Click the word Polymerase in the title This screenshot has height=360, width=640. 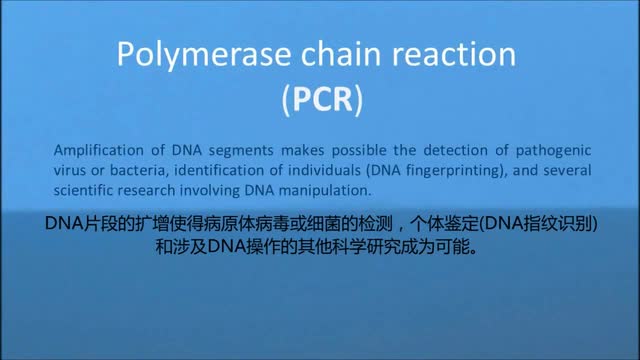pyautogui.click(x=204, y=56)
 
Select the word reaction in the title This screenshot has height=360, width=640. pyautogui.click(x=454, y=54)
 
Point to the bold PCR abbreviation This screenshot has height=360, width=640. pyautogui.click(x=322, y=99)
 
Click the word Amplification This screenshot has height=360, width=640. pyautogui.click(x=98, y=151)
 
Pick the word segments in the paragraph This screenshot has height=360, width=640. pyautogui.click(x=241, y=151)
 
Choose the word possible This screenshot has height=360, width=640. pyautogui.click(x=359, y=151)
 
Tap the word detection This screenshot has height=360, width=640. pyautogui.click(x=456, y=150)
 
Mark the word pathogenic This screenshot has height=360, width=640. pyautogui.click(x=553, y=151)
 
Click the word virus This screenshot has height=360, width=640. pyautogui.click(x=68, y=170)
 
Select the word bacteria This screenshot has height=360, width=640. pyautogui.click(x=139, y=171)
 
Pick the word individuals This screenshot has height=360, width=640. pyautogui.click(x=324, y=170)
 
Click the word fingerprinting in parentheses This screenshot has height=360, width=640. pyautogui.click(x=453, y=171)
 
